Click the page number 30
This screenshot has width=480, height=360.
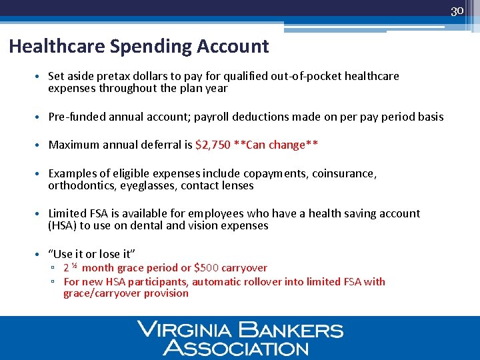457,11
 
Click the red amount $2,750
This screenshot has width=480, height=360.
212,145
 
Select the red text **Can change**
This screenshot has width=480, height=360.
276,145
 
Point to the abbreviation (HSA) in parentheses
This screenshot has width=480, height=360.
63,226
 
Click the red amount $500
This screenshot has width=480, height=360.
207,268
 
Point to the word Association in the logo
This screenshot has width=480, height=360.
236,347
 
